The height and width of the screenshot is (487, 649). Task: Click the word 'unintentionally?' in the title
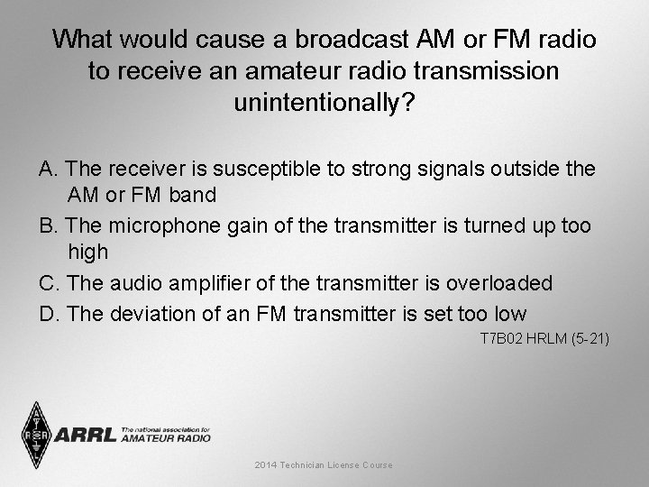(x=324, y=102)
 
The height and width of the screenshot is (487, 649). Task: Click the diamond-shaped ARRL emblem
(x=36, y=433)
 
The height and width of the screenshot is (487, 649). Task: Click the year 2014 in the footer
(x=267, y=464)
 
